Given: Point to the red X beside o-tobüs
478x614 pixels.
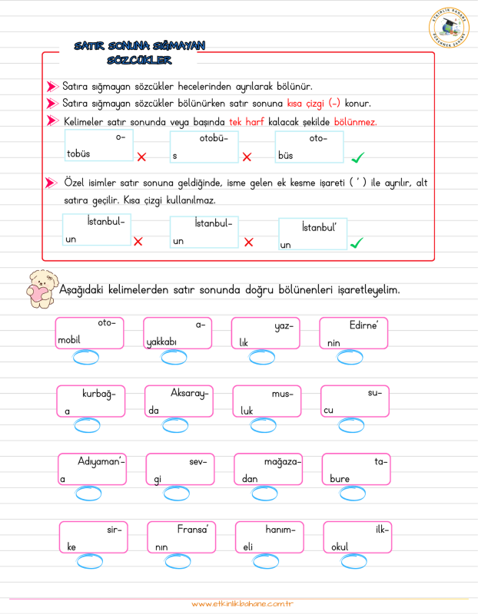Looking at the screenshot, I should (x=141, y=157).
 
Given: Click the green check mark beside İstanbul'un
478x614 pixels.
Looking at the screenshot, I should (x=357, y=243).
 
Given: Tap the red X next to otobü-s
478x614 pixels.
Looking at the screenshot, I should (x=247, y=157).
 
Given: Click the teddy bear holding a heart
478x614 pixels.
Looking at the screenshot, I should (x=40, y=289).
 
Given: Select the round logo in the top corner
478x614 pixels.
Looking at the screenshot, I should (x=448, y=30).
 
